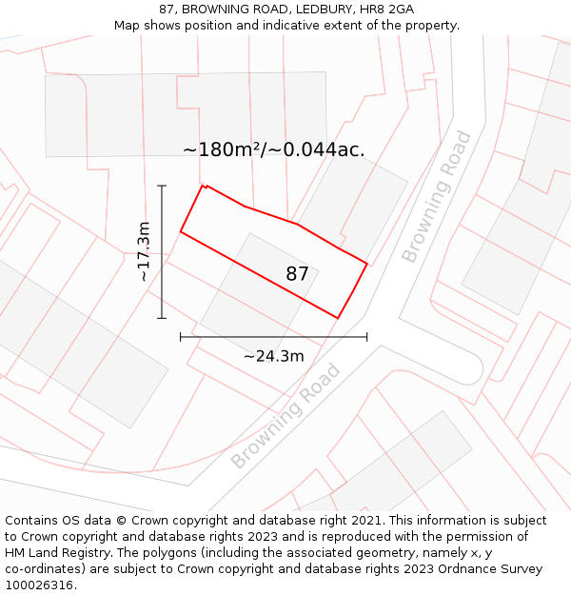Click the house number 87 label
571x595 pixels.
(297, 274)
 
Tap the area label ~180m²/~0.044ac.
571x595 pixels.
(274, 149)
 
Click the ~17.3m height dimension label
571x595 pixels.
(144, 251)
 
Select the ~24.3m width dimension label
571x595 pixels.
(273, 356)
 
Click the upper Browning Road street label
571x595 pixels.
(436, 196)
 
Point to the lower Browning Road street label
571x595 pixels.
(285, 416)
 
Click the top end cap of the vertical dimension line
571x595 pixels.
(162, 186)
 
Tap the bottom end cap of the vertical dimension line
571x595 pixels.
(162, 318)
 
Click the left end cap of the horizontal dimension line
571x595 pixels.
(181, 337)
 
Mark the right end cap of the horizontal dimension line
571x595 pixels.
(366, 337)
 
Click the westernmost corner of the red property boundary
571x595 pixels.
(181, 231)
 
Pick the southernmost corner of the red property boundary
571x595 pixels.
(338, 318)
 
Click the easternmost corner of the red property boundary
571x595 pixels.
(366, 263)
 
